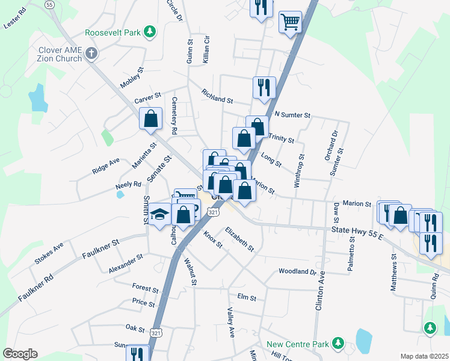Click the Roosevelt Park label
click(113, 31)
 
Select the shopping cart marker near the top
click(291, 22)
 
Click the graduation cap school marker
click(160, 215)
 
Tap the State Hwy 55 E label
click(357, 232)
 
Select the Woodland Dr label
click(297, 271)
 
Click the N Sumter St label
click(292, 114)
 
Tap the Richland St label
click(217, 96)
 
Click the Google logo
click(20, 354)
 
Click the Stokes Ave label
click(49, 253)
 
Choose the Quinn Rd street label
click(434, 287)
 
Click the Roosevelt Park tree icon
click(150, 31)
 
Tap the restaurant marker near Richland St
click(264, 88)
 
